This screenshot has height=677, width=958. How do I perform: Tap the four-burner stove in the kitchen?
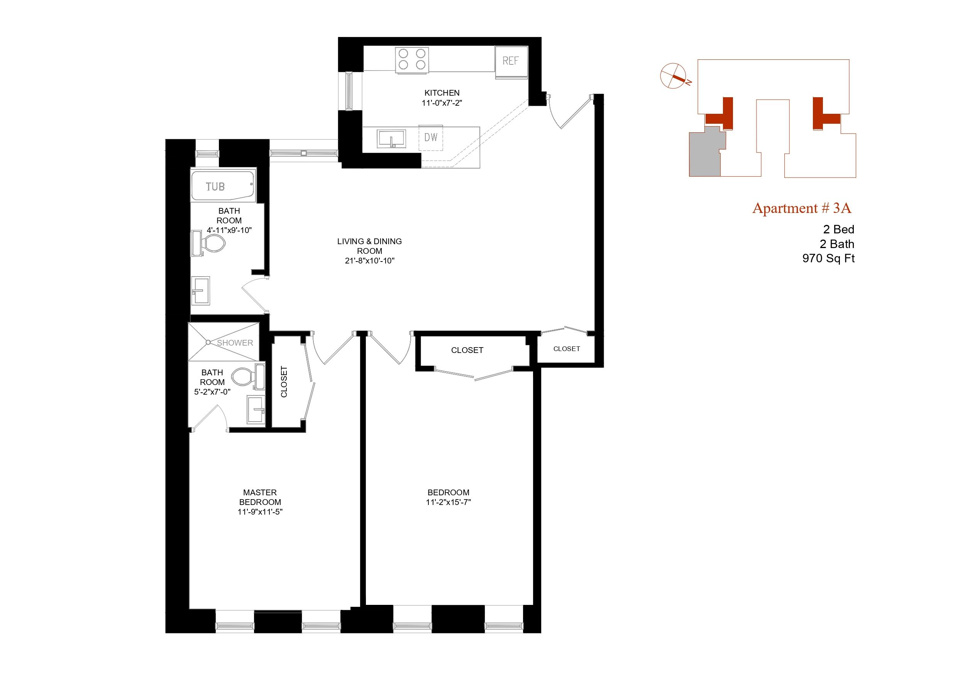[412, 59]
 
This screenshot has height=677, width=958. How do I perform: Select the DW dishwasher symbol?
[431, 137]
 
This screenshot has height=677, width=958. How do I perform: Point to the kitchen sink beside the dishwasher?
[391, 138]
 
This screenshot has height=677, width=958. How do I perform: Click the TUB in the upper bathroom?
[222, 186]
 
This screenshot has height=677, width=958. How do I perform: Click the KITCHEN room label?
[442, 93]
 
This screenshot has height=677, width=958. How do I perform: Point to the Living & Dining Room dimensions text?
[369, 261]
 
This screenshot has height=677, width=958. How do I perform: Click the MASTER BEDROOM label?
[260, 497]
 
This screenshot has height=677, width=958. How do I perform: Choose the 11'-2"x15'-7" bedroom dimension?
[448, 502]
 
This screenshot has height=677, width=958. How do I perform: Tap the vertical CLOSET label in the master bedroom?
[284, 382]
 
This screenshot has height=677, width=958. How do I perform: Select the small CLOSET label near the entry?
[566, 349]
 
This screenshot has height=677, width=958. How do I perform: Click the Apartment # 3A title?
[801, 208]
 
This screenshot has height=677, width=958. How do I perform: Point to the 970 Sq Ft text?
[828, 258]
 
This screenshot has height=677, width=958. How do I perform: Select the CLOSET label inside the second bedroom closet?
[467, 350]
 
